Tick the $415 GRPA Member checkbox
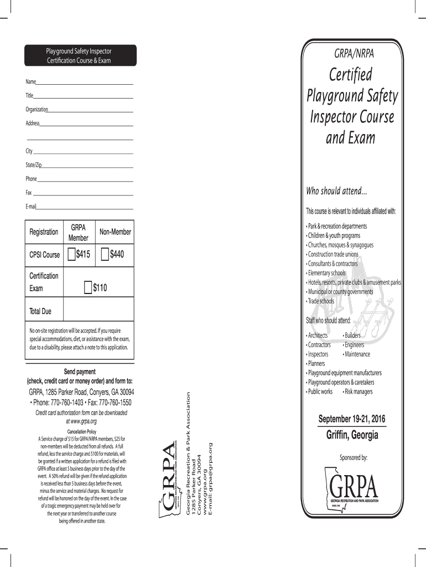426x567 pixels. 71,255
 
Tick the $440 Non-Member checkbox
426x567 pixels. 105,255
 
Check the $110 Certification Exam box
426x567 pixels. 88,287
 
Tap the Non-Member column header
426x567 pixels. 115,232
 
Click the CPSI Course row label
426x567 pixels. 44,255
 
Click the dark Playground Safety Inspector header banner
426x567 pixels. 79,55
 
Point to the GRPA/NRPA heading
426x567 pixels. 354,54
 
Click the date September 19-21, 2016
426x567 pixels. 352,419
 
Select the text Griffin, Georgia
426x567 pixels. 352,435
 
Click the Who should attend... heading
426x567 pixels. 336,191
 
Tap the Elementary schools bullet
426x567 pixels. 326,273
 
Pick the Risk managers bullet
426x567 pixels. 358,391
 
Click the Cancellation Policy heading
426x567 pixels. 82,431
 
